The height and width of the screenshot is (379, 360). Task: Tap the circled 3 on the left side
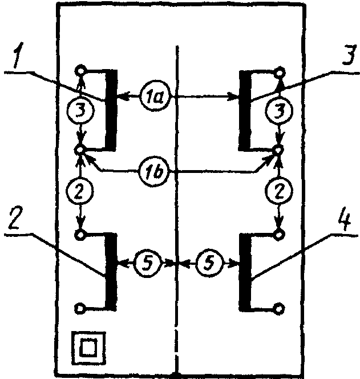click(80, 111)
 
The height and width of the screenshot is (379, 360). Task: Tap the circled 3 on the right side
click(280, 111)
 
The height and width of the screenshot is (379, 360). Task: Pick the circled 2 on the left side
click(80, 191)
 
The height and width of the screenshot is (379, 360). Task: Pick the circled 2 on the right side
click(280, 191)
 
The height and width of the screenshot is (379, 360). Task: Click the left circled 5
click(147, 262)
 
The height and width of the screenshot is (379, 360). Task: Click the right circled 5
click(209, 262)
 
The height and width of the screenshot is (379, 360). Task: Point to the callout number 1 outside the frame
click(18, 55)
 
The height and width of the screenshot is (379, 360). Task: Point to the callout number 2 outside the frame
click(16, 217)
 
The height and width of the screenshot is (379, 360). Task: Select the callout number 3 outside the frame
click(349, 55)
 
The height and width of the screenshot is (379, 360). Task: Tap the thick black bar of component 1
click(111, 110)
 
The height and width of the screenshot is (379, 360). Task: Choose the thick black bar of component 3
click(245, 111)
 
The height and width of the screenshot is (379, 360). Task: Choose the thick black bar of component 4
click(245, 272)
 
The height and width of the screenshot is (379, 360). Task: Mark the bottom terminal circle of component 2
click(80, 308)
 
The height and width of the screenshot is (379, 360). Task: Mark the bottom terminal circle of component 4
click(280, 308)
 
